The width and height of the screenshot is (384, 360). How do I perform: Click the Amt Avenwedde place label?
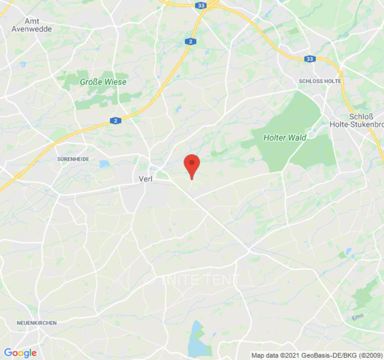tap(38, 25)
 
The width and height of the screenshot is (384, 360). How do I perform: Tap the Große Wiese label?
tap(103, 82)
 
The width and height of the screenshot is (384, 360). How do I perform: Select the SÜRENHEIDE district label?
tap(73, 159)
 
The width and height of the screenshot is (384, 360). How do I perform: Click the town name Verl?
tap(145, 179)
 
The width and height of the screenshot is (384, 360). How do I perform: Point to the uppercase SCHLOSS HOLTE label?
tap(320, 81)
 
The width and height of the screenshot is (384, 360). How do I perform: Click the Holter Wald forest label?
tap(285, 138)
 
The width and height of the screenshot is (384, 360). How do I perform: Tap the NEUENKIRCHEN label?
tap(37, 323)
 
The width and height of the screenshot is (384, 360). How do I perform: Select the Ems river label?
tap(357, 317)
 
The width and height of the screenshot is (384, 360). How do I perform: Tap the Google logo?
tap(20, 353)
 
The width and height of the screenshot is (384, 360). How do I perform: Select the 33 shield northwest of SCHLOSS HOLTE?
tap(309, 59)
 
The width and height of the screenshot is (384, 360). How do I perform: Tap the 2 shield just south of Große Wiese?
tap(116, 121)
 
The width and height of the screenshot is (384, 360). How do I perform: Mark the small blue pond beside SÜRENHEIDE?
tap(104, 164)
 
